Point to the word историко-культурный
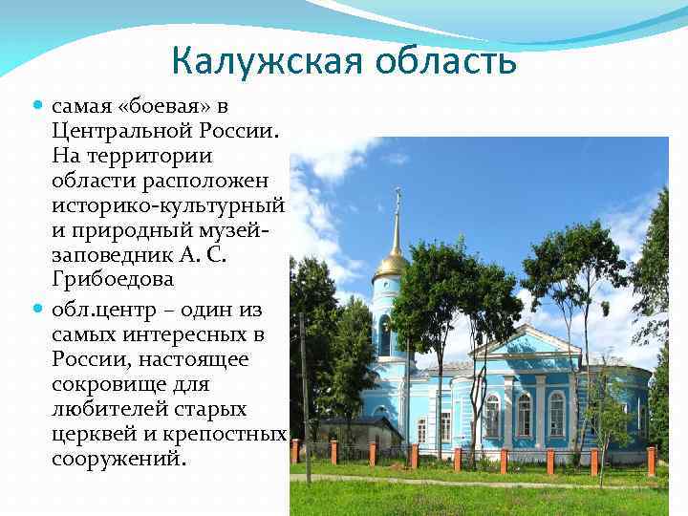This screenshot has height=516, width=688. click(168, 204)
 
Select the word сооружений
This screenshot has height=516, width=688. click(118, 460)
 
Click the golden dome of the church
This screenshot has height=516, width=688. click(391, 264)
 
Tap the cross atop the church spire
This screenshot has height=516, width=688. click(398, 197)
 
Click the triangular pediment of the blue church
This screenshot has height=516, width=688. click(525, 342)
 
